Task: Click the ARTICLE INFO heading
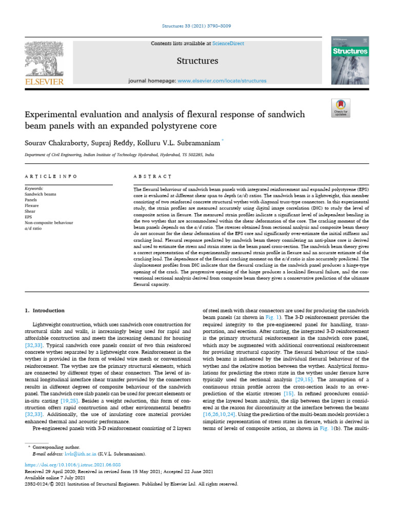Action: [x=51, y=176]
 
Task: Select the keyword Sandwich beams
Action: [x=41, y=195]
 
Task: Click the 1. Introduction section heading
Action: [x=45, y=310]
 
